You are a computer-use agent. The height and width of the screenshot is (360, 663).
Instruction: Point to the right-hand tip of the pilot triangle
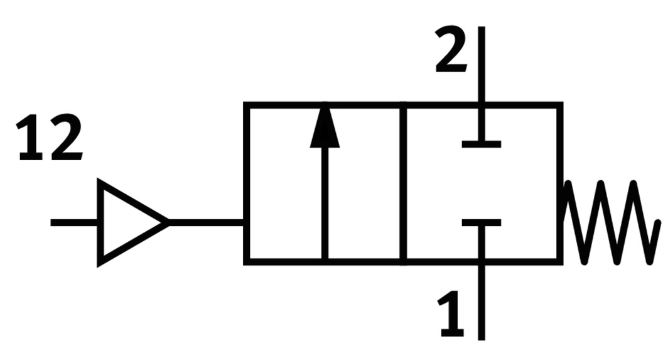(x=167, y=222)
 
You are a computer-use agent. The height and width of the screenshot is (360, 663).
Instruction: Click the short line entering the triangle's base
(x=74, y=222)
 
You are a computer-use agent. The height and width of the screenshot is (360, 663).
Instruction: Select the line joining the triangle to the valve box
(x=206, y=222)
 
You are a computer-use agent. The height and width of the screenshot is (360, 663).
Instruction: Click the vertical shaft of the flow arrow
(x=325, y=201)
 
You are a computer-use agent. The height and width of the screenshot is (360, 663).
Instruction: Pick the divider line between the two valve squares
(x=402, y=182)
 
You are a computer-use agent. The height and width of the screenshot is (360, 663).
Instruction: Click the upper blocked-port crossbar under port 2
(x=482, y=144)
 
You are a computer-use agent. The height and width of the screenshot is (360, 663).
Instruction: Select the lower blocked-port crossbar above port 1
(x=482, y=222)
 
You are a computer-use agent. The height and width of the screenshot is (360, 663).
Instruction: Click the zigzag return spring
(x=609, y=222)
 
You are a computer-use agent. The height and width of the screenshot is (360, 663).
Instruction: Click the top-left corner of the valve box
(x=246, y=105)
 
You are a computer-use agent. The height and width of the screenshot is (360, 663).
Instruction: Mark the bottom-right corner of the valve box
(x=559, y=260)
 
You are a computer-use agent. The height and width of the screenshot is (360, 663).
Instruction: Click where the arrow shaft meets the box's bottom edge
(x=325, y=260)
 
